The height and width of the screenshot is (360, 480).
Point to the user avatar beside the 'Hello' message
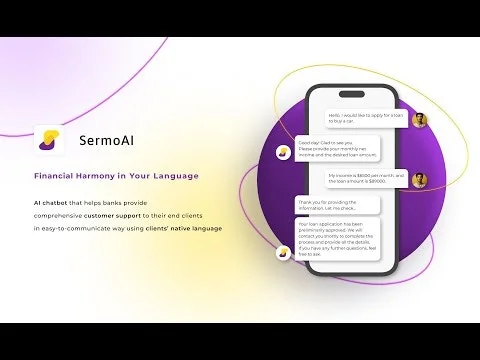[420, 120]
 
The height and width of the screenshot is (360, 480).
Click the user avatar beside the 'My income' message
[420, 180]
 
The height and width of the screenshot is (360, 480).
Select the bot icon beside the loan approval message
[283, 252]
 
